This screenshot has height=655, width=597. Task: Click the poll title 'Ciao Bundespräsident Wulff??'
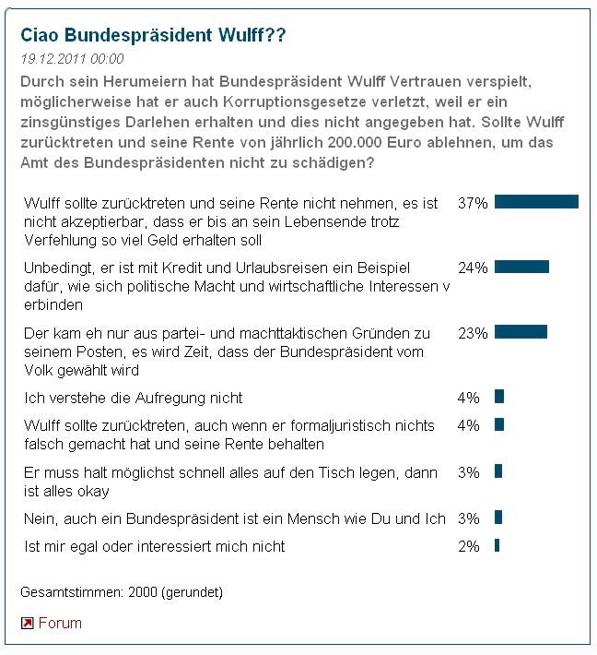(153, 35)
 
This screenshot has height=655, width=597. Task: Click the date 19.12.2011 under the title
(72, 58)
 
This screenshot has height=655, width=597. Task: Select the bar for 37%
(536, 202)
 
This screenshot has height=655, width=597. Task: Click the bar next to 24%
(521, 267)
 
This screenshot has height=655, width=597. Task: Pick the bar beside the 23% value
(521, 332)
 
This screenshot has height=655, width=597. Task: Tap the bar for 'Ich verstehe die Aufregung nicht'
(499, 397)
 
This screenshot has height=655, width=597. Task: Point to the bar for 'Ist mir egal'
(497, 545)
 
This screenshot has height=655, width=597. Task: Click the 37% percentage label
(473, 203)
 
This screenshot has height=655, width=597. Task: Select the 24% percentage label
(473, 268)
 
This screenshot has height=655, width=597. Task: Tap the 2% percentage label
(469, 546)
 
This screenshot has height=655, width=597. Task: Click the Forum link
(60, 623)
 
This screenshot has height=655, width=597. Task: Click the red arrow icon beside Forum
(28, 624)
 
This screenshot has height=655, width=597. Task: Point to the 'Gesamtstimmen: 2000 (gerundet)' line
(122, 590)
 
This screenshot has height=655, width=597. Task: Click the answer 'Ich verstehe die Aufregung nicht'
(134, 398)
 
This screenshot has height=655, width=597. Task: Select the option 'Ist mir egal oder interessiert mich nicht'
(155, 546)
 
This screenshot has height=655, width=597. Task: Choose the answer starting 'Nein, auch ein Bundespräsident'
(235, 518)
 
